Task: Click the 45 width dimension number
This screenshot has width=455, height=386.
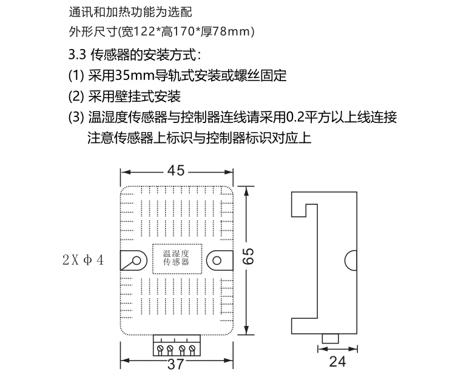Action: coord(176,171)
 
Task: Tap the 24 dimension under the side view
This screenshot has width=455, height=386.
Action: coord(338,362)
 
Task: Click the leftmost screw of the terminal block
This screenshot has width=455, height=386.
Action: coord(161,350)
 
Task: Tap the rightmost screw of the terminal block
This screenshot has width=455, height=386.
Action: coord(192,350)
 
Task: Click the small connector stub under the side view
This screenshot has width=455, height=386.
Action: coord(331,337)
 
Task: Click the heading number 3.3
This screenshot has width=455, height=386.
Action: coord(77,55)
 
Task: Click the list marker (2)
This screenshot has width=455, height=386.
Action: coord(75,96)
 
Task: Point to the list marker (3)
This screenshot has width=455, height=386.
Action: coord(75,117)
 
